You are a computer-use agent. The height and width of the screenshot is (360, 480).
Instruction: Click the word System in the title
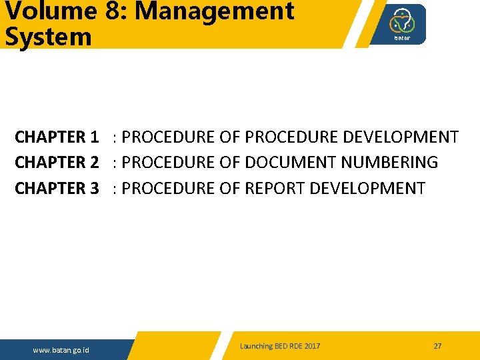[48, 37]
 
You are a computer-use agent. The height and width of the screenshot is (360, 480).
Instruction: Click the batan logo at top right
[402, 25]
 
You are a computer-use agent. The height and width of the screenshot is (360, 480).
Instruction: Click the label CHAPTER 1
[57, 137]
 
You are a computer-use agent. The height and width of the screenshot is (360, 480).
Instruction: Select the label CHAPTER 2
[57, 163]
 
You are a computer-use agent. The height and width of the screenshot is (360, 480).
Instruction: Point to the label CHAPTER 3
[57, 189]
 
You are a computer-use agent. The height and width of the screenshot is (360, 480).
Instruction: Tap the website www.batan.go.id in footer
[62, 350]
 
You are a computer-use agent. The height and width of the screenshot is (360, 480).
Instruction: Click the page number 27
[437, 346]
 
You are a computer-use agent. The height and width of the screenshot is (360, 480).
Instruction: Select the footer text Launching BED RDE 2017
[280, 346]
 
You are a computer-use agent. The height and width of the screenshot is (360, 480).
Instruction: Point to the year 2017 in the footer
[311, 346]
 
